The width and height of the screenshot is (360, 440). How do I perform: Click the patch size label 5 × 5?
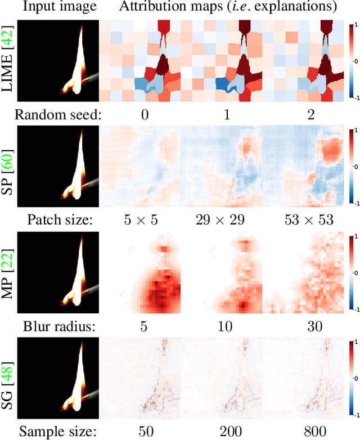(x=141, y=220)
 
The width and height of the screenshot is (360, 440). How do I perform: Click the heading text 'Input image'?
(x=49, y=8)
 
